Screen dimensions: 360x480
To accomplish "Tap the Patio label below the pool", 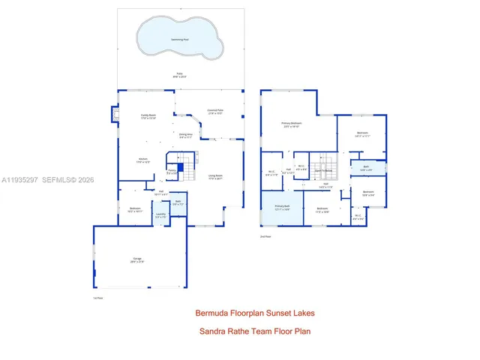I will tap(179, 76).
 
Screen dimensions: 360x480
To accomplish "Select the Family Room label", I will tap(148, 115).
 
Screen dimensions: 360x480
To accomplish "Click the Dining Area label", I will tap(186, 135).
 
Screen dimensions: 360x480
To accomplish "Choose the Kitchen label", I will tap(142, 160).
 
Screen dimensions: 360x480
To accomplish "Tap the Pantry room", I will tap(172, 172).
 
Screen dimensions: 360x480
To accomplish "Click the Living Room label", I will tap(215, 177).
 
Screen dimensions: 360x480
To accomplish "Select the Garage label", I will tap(136, 259).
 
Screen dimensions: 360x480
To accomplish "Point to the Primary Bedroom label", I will tap(292, 124).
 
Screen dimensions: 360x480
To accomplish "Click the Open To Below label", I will tap(323, 170).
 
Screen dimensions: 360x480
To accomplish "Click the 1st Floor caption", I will tap(97, 298).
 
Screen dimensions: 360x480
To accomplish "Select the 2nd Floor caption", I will tap(265, 236).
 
